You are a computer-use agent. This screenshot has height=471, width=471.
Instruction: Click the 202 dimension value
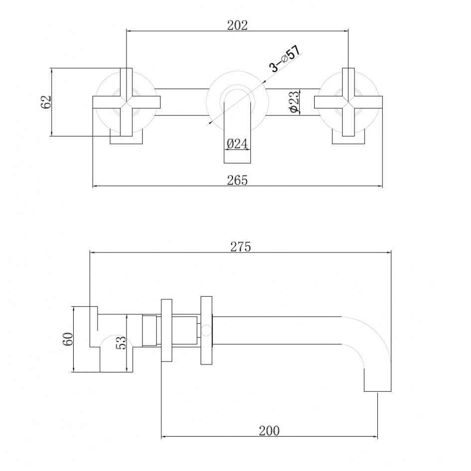click(x=237, y=25)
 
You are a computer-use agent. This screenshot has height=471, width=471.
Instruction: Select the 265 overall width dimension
click(x=237, y=180)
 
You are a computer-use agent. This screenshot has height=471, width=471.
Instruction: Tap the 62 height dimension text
click(x=46, y=102)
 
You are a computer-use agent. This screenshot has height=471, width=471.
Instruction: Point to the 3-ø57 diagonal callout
click(x=285, y=59)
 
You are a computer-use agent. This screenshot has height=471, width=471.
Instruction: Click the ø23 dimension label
click(x=295, y=102)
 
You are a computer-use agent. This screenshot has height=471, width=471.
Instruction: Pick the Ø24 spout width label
click(x=237, y=143)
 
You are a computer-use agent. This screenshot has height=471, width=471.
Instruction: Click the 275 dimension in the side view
click(x=240, y=246)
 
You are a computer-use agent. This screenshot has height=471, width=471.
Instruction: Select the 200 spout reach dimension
click(x=269, y=431)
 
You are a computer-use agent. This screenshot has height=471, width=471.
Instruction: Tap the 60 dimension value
click(x=68, y=339)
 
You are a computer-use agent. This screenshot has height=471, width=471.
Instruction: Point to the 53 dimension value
click(x=121, y=343)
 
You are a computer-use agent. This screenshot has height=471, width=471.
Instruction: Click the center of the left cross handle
click(x=126, y=102)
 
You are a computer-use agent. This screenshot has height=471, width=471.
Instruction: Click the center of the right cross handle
click(x=349, y=102)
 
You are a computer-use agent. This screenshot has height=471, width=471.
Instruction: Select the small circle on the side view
click(x=206, y=331)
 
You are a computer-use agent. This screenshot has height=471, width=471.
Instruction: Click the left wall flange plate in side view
click(x=167, y=331)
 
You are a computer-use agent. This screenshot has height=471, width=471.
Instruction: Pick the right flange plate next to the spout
click(x=206, y=331)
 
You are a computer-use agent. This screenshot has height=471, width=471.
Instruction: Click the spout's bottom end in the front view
click(x=237, y=163)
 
